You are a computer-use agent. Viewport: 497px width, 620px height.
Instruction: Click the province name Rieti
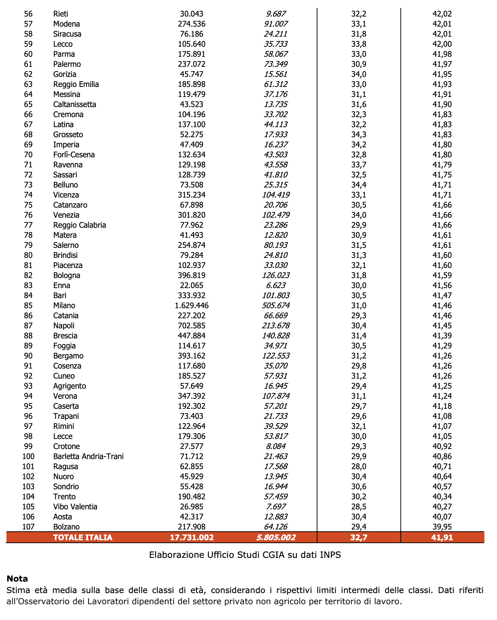click(60, 14)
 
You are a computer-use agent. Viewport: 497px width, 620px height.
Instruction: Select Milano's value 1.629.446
click(191, 306)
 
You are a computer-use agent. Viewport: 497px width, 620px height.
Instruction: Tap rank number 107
click(28, 527)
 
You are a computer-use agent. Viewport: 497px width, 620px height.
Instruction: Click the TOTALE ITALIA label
click(83, 537)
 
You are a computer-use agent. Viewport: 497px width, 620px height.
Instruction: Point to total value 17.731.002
click(191, 537)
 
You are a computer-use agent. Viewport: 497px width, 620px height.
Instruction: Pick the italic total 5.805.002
click(276, 537)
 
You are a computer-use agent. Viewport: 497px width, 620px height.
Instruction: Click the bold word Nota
click(17, 579)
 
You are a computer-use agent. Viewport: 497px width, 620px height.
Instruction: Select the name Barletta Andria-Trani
click(88, 457)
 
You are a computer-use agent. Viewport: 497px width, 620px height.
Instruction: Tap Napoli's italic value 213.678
click(276, 326)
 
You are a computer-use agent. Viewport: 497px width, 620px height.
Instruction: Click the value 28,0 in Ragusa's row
click(359, 467)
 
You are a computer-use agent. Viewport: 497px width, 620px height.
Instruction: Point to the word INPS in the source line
click(330, 555)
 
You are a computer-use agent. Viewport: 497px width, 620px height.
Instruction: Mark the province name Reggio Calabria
click(79, 225)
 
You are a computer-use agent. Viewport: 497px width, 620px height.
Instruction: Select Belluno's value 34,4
click(359, 185)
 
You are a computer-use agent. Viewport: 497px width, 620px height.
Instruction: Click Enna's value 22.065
click(191, 286)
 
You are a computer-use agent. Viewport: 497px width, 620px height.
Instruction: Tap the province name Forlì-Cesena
click(74, 155)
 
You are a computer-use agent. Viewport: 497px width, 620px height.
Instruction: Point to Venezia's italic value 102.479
click(276, 215)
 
